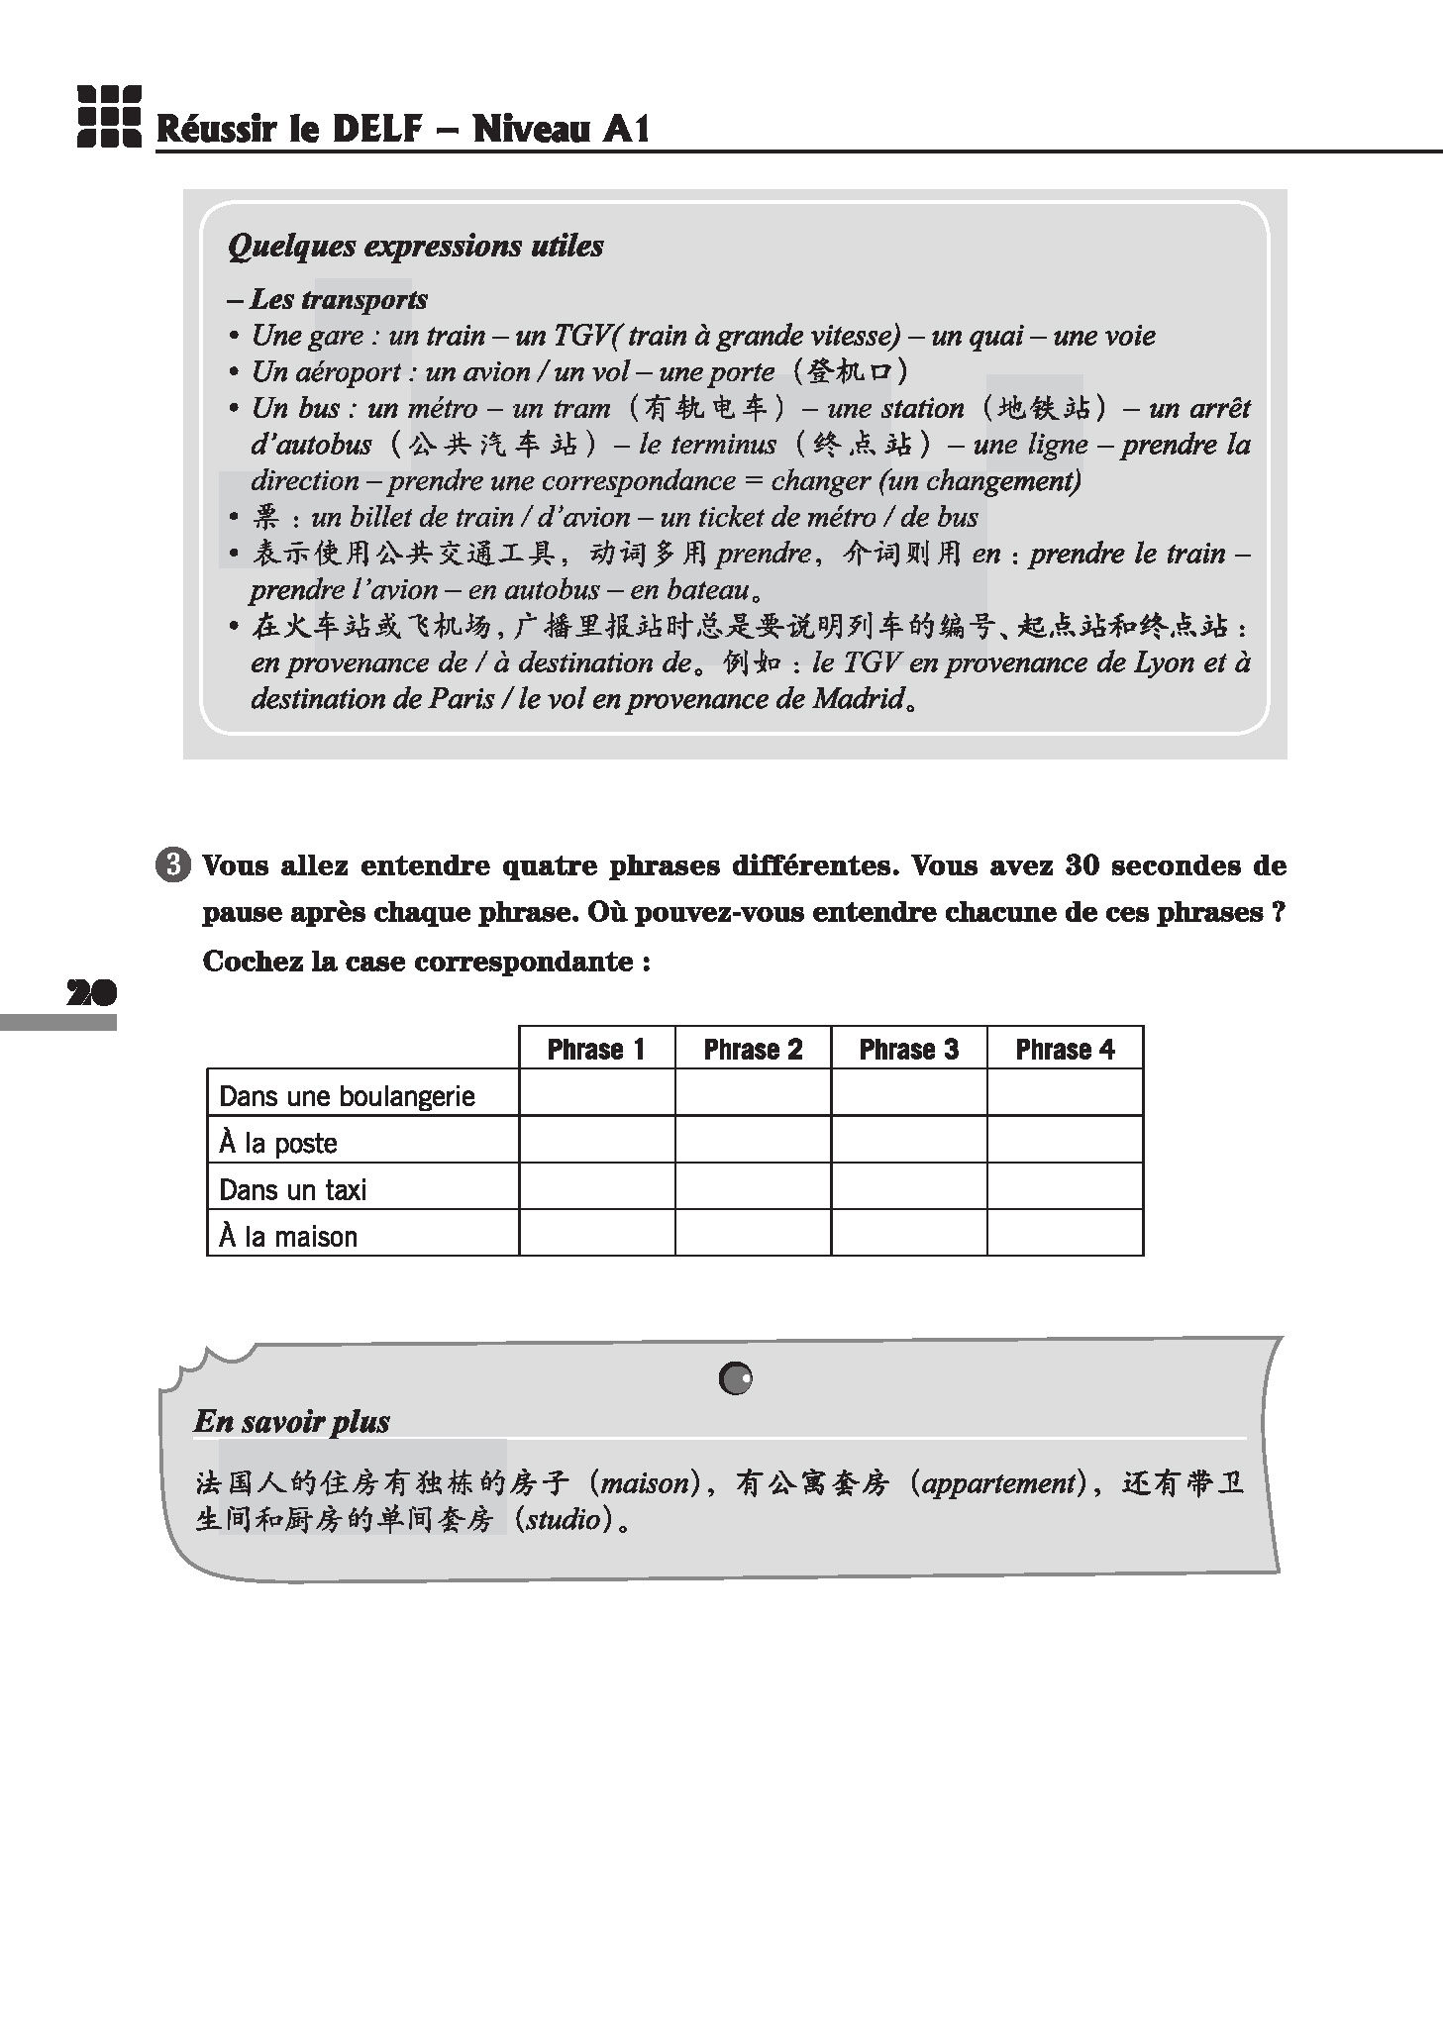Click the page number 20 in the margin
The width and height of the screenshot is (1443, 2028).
91,992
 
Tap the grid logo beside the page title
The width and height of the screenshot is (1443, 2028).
109,117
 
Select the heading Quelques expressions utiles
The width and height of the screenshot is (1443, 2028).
415,246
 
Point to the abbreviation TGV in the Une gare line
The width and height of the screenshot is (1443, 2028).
581,336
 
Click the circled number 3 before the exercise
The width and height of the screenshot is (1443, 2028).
172,865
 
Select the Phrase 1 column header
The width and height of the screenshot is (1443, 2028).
596,1049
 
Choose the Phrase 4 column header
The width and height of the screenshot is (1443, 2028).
1065,1049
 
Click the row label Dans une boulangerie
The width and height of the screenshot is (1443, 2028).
347,1096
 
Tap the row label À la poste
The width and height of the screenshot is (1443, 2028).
278,1143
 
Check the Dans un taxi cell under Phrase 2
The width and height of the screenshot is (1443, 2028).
753,1186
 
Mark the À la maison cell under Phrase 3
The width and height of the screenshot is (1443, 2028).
909,1233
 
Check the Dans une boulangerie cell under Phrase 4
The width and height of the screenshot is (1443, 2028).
1065,1092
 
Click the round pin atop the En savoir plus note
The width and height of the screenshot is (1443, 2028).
736,1377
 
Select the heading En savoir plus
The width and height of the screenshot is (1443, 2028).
292,1422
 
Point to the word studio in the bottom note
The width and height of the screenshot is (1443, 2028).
563,1520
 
